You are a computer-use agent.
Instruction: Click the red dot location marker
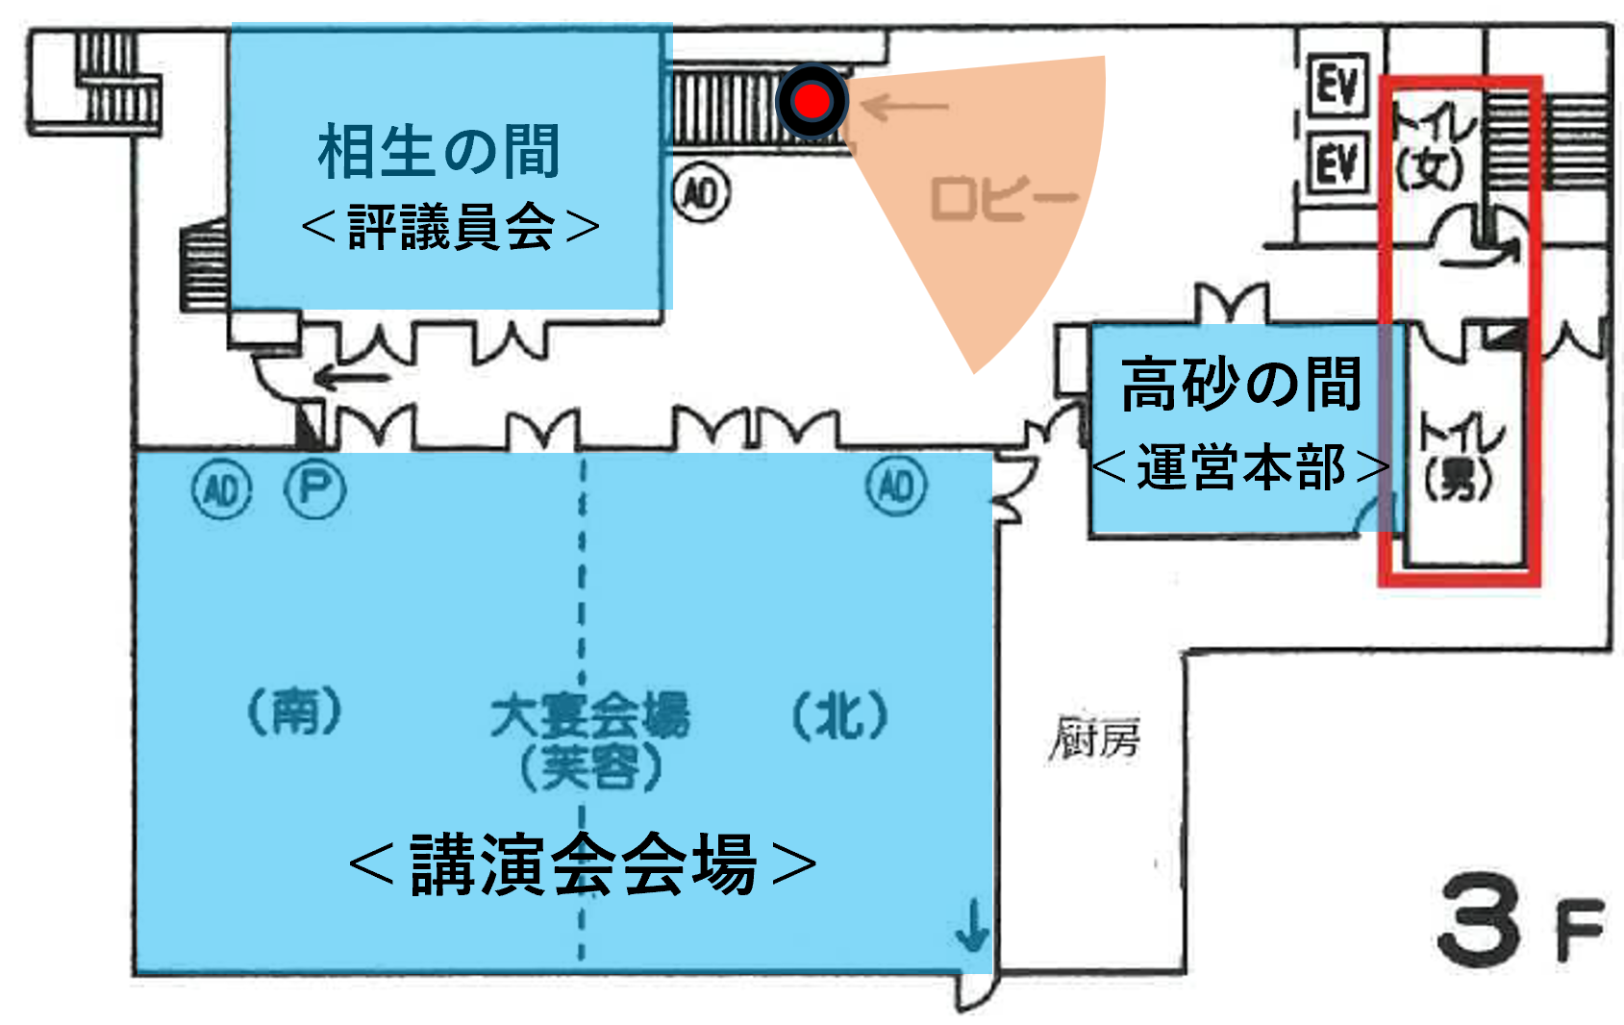click(812, 101)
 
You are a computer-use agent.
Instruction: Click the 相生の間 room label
click(439, 152)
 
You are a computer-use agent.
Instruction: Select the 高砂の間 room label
click(1241, 384)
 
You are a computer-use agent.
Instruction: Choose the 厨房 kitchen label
click(1094, 738)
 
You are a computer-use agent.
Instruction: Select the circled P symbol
click(314, 489)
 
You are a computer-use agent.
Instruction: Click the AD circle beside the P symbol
click(222, 490)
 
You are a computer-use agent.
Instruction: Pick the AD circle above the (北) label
click(897, 486)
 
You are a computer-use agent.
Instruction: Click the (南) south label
click(294, 712)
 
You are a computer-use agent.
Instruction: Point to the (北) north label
click(839, 715)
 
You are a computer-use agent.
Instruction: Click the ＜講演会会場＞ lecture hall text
click(583, 864)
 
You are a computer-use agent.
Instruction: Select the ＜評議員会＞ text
click(450, 228)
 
